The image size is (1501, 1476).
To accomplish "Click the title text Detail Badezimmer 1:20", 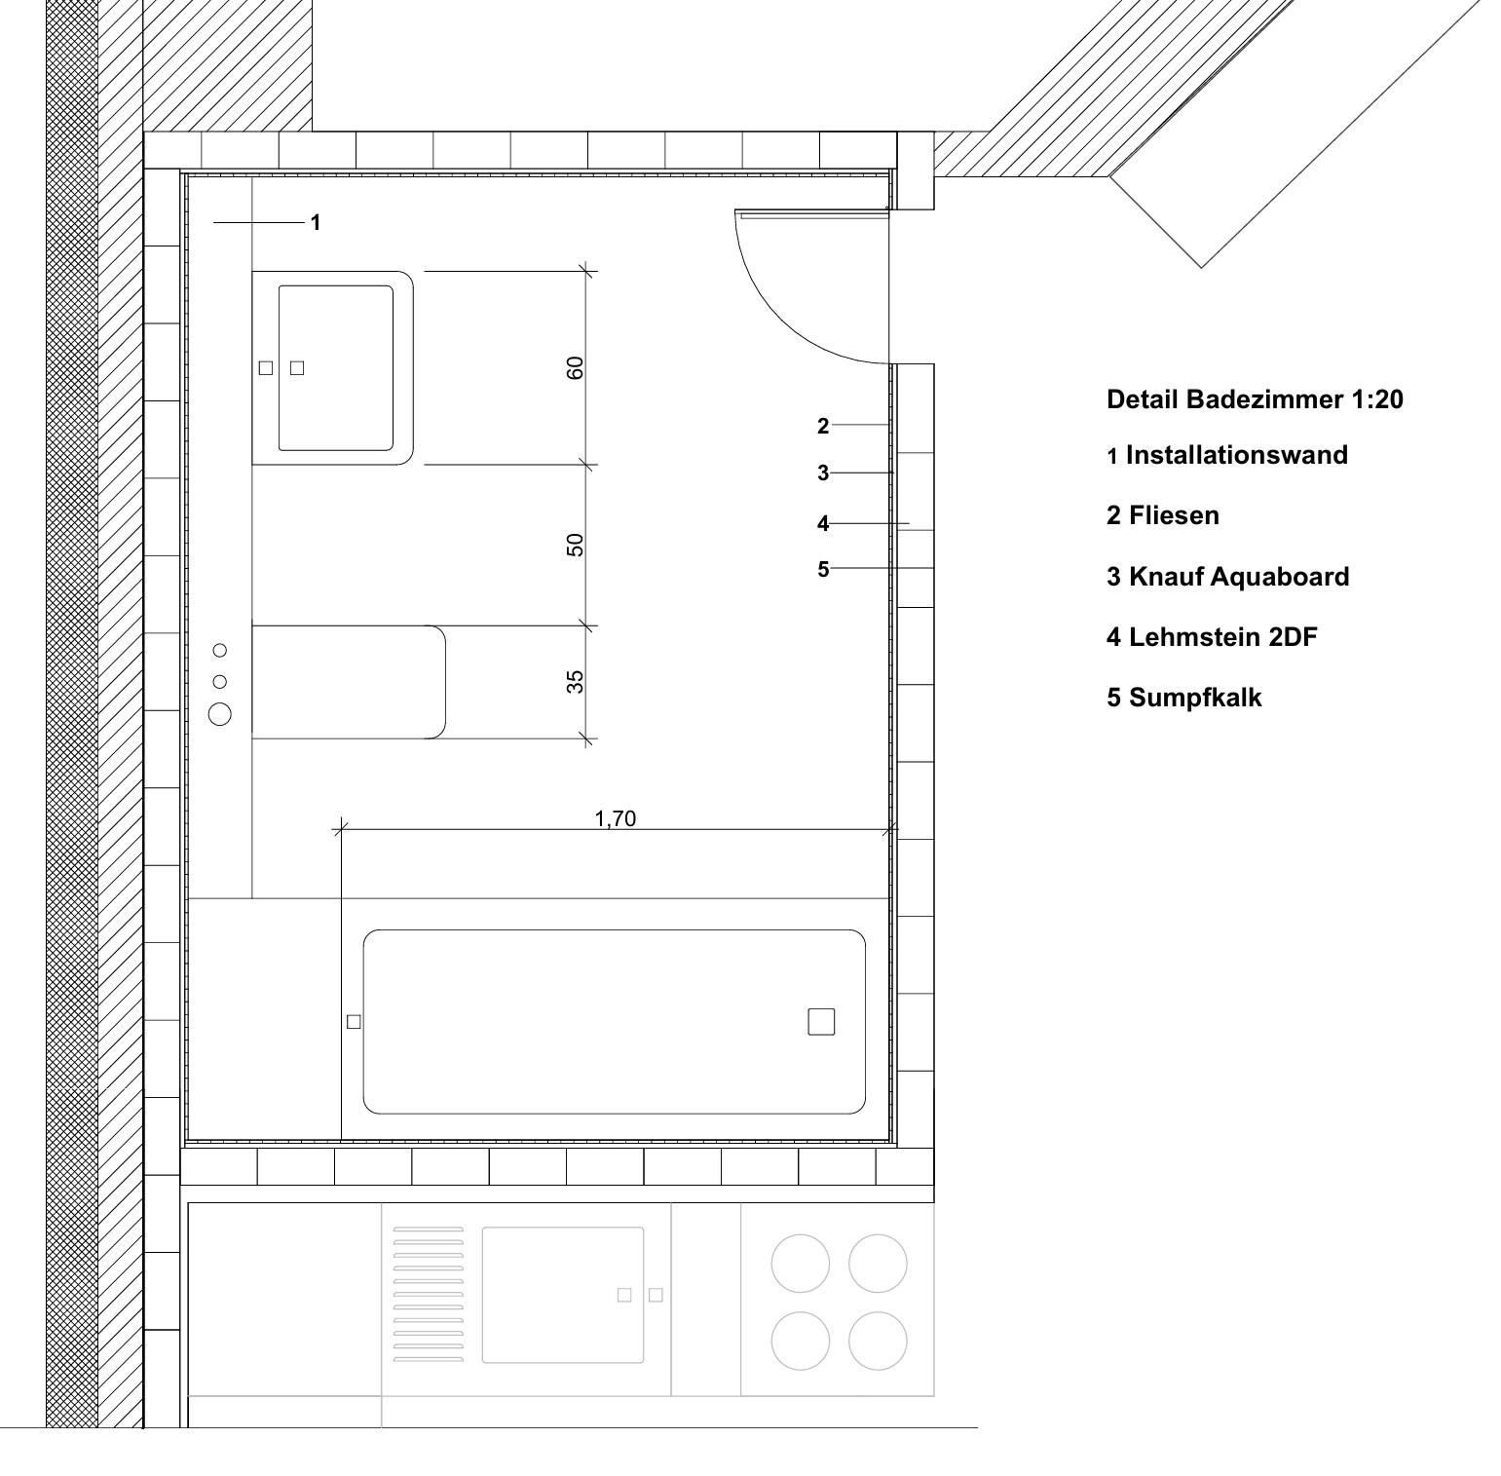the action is pyautogui.click(x=1255, y=399).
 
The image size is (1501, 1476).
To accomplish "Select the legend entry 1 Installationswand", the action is pyautogui.click(x=1227, y=455).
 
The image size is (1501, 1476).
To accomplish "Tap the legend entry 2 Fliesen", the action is pyautogui.click(x=1163, y=515).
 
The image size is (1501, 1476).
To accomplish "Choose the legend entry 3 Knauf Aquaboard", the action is pyautogui.click(x=1228, y=577).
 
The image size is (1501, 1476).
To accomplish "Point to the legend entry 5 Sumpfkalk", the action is pyautogui.click(x=1184, y=698).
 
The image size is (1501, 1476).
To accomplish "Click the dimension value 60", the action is pyautogui.click(x=575, y=367).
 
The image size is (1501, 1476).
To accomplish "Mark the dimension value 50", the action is pyautogui.click(x=575, y=545).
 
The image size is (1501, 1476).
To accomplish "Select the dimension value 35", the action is pyautogui.click(x=575, y=681).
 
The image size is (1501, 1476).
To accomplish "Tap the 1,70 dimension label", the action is pyautogui.click(x=616, y=818).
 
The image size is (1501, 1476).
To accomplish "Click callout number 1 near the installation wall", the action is pyautogui.click(x=316, y=223).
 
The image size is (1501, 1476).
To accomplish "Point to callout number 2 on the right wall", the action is pyautogui.click(x=823, y=426).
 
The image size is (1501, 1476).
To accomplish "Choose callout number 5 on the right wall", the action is pyautogui.click(x=823, y=569).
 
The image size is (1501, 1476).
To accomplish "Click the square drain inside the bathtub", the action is pyautogui.click(x=821, y=1022).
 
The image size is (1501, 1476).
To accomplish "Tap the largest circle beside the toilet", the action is pyautogui.click(x=220, y=714).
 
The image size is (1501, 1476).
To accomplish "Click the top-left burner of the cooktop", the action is pyautogui.click(x=801, y=1264).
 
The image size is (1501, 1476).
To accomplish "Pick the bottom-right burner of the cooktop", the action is pyautogui.click(x=878, y=1341).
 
